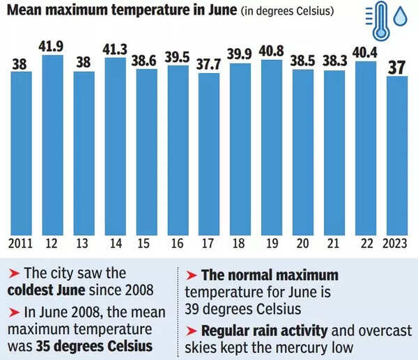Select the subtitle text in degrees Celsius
[296, 12]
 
